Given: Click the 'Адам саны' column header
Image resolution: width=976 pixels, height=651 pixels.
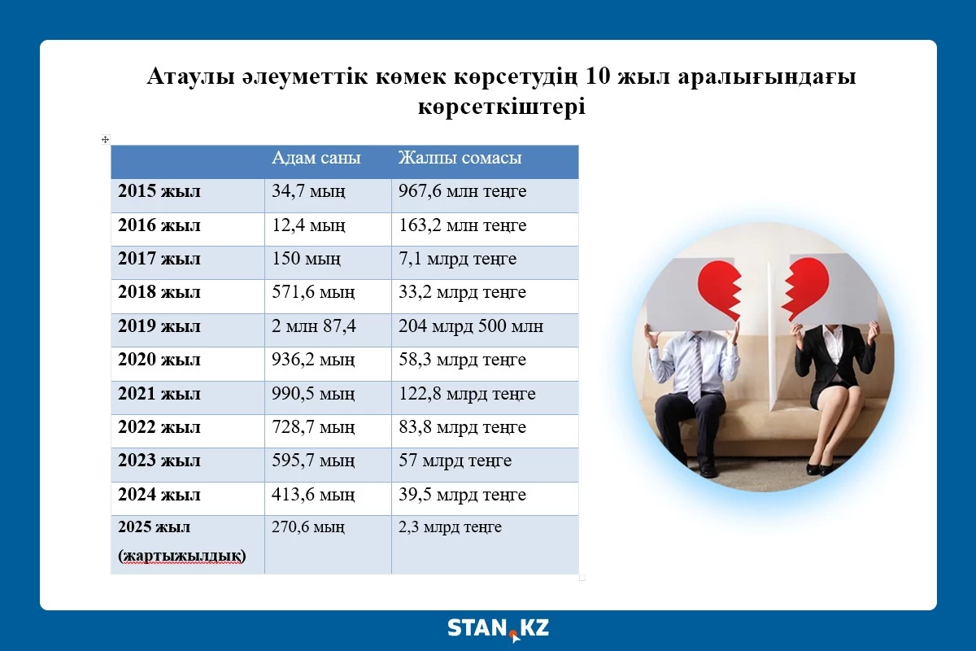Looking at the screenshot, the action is pos(316,158).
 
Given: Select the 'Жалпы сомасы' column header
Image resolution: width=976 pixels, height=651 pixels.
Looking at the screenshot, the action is pos(460,158).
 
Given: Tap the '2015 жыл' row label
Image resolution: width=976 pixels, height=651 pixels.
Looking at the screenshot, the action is pos(159,191).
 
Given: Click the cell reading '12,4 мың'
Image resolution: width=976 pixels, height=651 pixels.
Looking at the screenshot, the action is pos(308,225).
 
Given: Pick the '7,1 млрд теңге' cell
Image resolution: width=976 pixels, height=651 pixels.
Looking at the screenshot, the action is pos(457,259).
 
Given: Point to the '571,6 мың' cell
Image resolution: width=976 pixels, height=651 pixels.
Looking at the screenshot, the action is pos(313,292).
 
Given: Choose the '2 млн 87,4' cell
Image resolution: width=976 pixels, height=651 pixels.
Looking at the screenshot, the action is pos(314,326).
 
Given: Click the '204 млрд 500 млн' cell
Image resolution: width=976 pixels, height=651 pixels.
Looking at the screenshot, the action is pos(471,326).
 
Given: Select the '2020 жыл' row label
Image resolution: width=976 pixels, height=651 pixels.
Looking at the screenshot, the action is pos(159,360).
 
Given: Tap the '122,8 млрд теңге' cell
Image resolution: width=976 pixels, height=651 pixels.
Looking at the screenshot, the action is pos(467,394).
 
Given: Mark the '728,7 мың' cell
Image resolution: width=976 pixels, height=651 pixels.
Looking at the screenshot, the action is pos(313,427).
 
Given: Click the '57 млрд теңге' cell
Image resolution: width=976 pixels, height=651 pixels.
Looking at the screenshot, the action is pos(455,461).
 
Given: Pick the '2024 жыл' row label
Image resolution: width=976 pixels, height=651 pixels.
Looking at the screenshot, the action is pos(159,495).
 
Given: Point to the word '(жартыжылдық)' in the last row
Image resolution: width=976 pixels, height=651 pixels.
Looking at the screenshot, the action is pos(182,556).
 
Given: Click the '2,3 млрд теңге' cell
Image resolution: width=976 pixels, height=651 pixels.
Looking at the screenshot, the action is pos(450,527).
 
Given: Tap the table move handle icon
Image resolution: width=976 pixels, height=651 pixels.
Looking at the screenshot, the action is pos(105,139).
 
